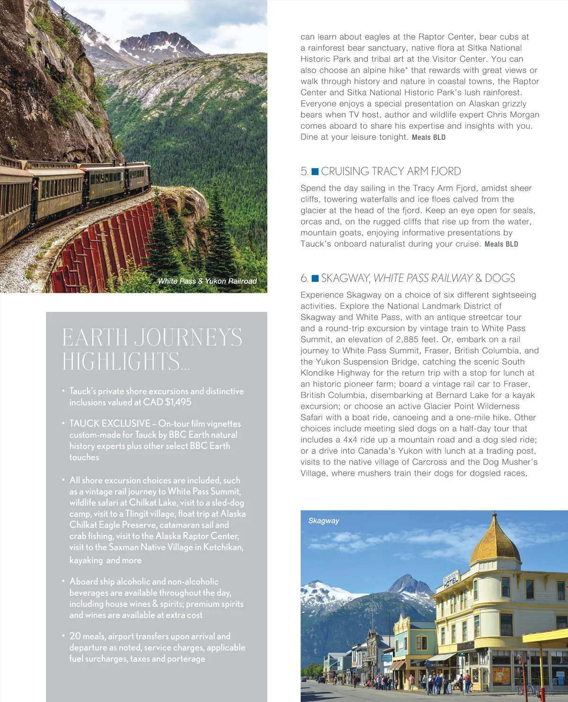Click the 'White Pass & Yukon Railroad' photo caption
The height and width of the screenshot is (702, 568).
pyautogui.click(x=207, y=281)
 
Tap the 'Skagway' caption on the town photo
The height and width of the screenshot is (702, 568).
pyautogui.click(x=324, y=521)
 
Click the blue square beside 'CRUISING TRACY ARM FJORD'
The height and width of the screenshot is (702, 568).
pyautogui.click(x=315, y=171)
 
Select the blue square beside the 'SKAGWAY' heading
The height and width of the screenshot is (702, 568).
pyautogui.click(x=315, y=278)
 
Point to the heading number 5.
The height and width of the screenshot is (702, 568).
pyautogui.click(x=304, y=171)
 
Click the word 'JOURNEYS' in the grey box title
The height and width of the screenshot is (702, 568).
pyautogui.click(x=188, y=338)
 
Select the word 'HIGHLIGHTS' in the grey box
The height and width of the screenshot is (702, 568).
pyautogui.click(x=121, y=361)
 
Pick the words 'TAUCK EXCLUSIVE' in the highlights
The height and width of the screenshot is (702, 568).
pyautogui.click(x=109, y=423)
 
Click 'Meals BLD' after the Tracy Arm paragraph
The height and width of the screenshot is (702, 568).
pyautogui.click(x=501, y=244)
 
